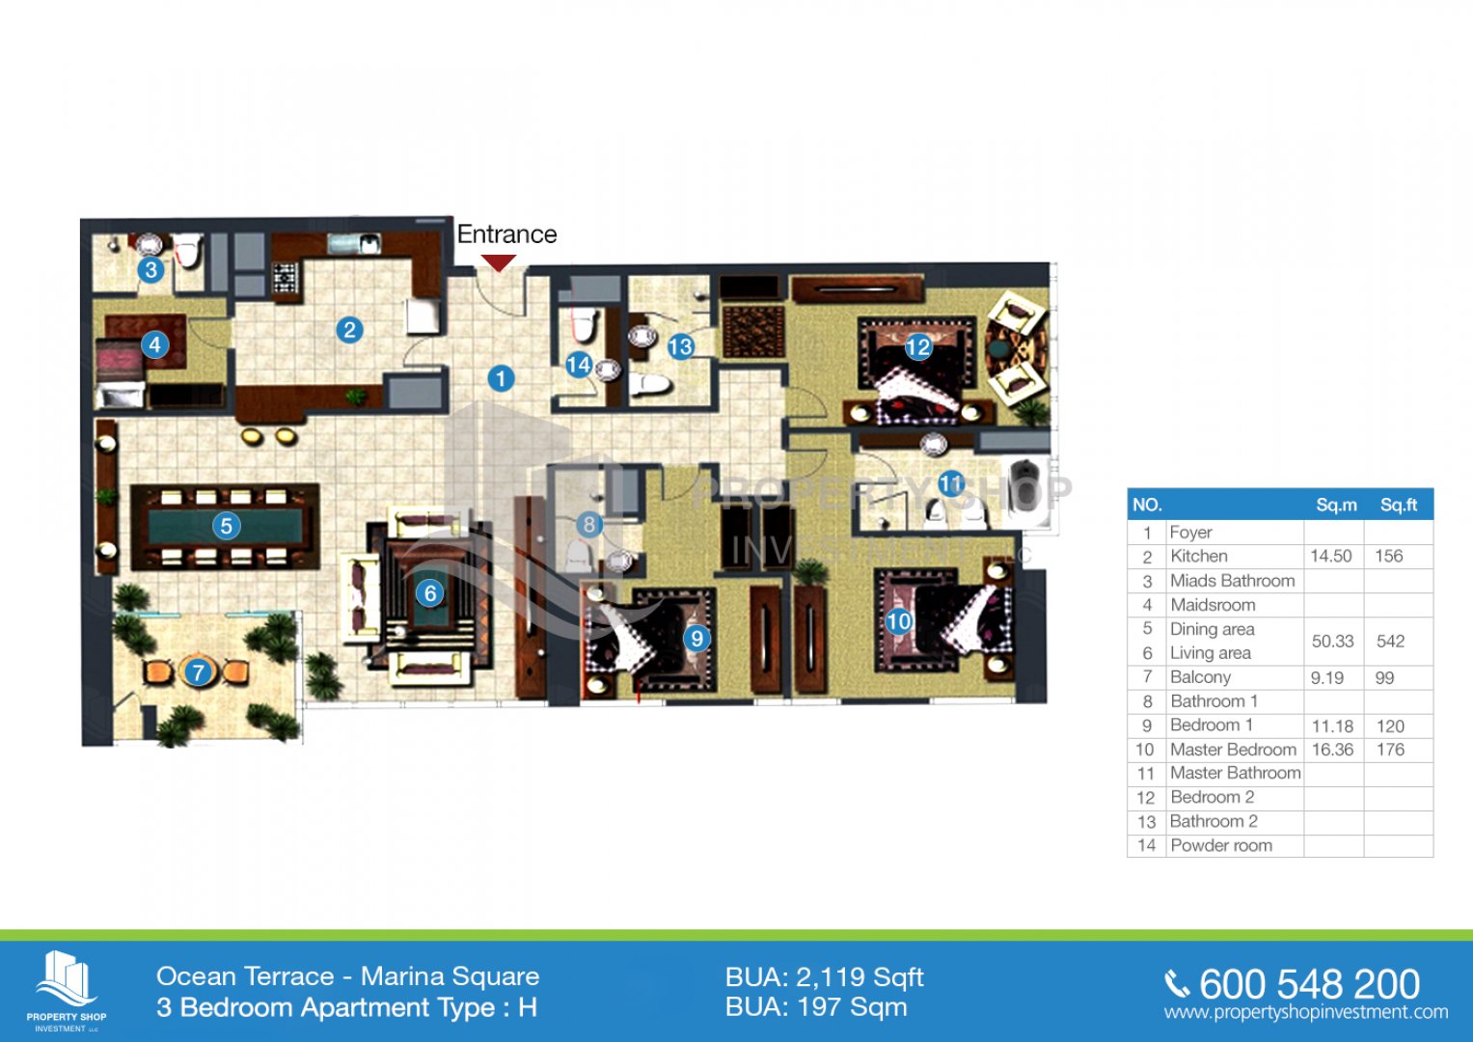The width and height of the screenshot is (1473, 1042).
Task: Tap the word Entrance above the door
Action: (507, 234)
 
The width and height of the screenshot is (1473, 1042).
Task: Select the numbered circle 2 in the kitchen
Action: (350, 330)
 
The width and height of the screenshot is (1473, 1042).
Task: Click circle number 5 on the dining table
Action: (227, 526)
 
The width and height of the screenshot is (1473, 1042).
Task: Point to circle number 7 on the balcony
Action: (198, 672)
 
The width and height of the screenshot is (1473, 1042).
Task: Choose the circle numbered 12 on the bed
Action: (918, 346)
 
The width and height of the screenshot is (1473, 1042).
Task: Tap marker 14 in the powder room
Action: (579, 365)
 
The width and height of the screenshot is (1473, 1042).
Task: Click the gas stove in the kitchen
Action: (286, 277)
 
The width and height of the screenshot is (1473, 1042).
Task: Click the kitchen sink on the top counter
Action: (354, 243)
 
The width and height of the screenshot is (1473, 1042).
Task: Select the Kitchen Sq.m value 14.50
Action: (1331, 556)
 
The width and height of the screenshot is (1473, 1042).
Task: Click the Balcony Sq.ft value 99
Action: (1384, 677)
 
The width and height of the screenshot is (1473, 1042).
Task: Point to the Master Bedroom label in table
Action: (1233, 750)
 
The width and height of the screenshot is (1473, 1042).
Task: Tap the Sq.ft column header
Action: (1399, 505)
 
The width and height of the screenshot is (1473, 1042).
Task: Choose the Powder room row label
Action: (1221, 845)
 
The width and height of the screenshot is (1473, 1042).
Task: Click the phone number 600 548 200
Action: (1309, 984)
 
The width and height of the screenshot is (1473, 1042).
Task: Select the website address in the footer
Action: (1306, 1012)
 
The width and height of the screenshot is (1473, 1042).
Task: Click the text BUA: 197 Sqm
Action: (816, 1008)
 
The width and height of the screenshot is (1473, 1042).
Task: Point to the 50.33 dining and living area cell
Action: (1332, 642)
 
